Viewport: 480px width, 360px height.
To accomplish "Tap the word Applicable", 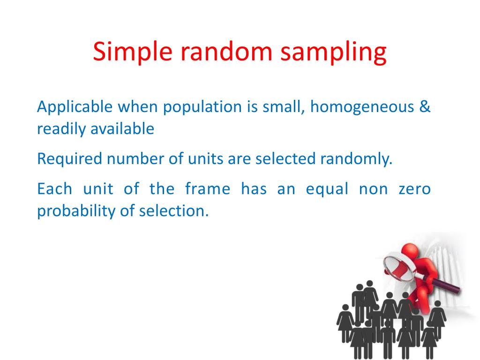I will pos(75,107).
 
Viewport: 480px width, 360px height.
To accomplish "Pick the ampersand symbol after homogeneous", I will pos(425,107).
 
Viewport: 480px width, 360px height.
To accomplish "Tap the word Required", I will pos(69,160).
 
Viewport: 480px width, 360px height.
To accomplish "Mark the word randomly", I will pos(356,160).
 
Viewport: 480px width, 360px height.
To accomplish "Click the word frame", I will pos(208,190).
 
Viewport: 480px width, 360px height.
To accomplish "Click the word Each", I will pos(54,190).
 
